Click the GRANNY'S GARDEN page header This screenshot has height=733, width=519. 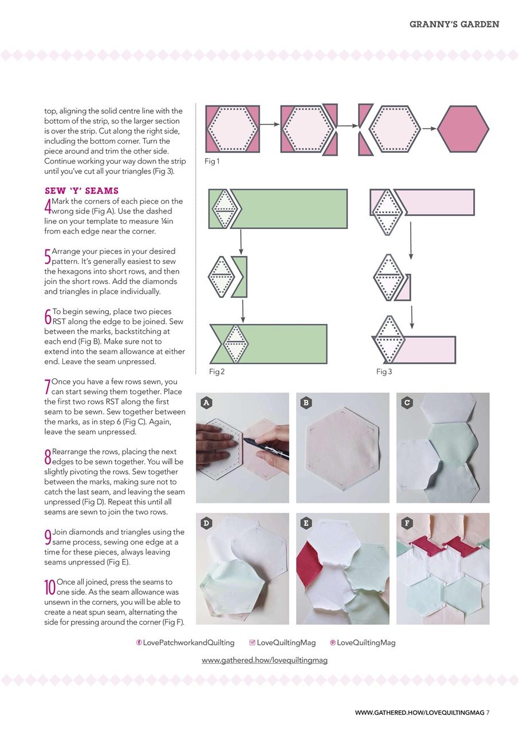[454, 24]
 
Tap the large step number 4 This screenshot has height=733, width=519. [48, 206]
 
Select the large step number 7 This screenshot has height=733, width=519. [48, 386]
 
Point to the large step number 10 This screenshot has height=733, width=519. [50, 586]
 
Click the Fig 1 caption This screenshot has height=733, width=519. [212, 161]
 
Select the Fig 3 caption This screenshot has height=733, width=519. [384, 372]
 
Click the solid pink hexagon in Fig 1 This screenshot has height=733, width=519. [463, 129]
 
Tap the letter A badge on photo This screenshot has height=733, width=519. [206, 403]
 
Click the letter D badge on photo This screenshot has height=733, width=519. [206, 522]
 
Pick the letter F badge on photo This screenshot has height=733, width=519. [407, 522]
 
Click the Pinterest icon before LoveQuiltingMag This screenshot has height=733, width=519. [333, 643]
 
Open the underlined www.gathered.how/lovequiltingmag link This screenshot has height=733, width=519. [265, 660]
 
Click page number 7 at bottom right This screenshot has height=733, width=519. [487, 712]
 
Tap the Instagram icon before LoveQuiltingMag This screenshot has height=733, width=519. [253, 643]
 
